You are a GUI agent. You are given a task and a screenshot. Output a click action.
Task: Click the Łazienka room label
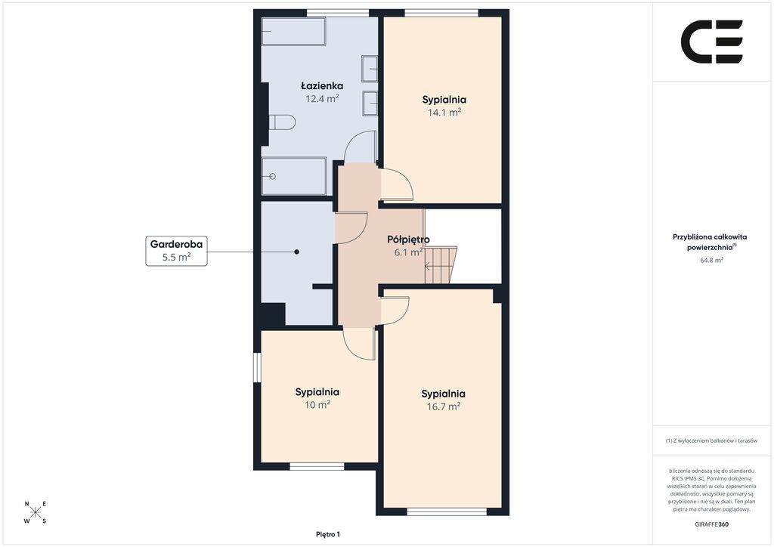(x=322, y=86)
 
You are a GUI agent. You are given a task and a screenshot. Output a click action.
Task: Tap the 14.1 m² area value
(x=444, y=113)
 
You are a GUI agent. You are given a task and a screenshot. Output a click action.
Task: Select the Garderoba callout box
(x=176, y=251)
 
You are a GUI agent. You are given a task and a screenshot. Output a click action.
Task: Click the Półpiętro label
(x=408, y=240)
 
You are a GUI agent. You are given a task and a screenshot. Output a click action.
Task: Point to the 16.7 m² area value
(x=444, y=406)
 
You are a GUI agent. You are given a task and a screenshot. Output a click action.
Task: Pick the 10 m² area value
(x=317, y=405)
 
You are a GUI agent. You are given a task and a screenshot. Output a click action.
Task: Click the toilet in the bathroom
(x=282, y=122)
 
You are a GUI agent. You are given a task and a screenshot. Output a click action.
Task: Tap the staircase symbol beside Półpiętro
(x=441, y=265)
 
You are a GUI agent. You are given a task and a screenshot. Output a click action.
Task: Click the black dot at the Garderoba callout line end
(x=296, y=252)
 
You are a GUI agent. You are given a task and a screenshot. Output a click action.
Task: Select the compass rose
(x=36, y=512)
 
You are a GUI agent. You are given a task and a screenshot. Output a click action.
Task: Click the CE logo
(x=712, y=42)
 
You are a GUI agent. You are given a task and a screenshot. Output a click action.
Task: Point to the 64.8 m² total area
(x=712, y=260)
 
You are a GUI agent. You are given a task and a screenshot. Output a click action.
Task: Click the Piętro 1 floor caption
(x=328, y=534)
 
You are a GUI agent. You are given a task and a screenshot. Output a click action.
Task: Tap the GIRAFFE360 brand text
(x=711, y=524)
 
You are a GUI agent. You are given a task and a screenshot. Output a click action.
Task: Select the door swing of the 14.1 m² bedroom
(x=398, y=184)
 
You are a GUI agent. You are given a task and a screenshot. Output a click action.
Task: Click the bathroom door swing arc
(x=360, y=147)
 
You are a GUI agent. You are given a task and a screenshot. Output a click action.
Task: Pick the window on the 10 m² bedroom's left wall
(x=257, y=367)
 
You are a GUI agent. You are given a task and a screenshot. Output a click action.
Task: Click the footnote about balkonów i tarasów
(x=711, y=440)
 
